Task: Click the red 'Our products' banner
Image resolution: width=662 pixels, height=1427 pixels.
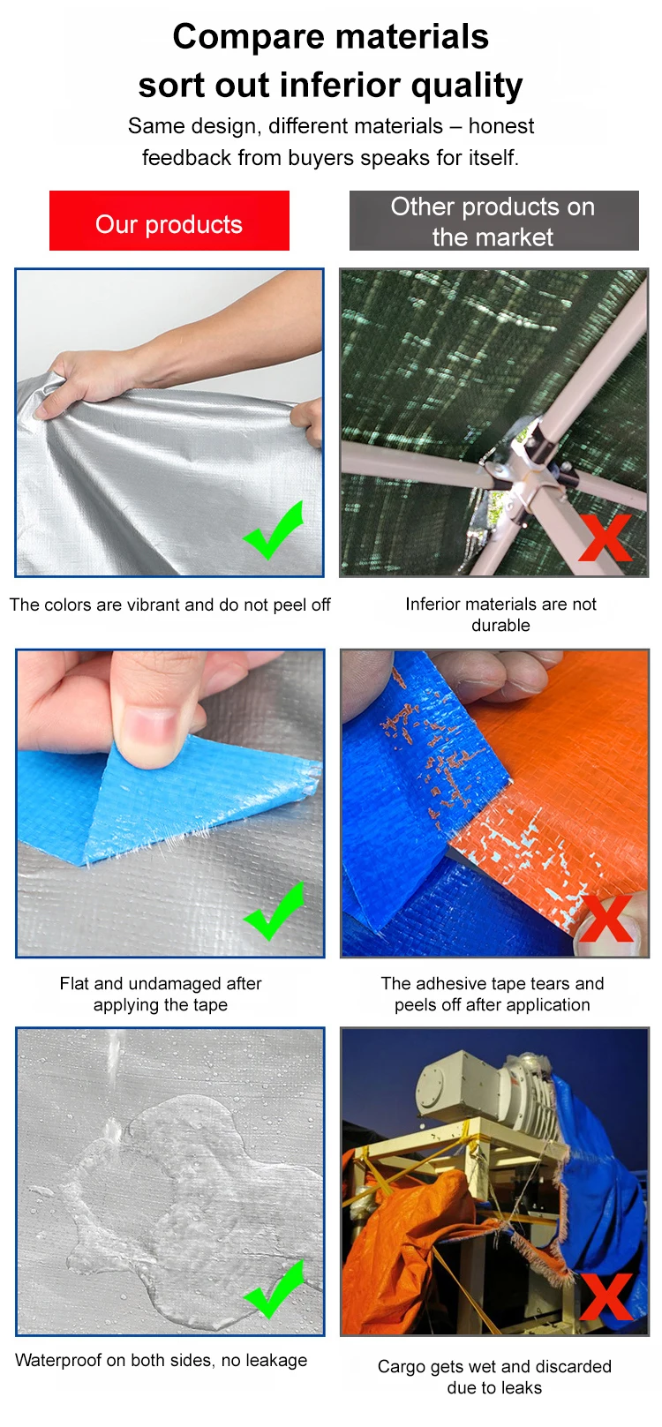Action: pyautogui.click(x=169, y=221)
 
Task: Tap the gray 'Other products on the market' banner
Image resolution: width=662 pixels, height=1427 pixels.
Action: pyautogui.click(x=493, y=221)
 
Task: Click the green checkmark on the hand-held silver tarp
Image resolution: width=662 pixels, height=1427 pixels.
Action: pyautogui.click(x=274, y=530)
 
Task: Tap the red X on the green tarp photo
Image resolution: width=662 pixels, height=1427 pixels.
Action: pyautogui.click(x=606, y=537)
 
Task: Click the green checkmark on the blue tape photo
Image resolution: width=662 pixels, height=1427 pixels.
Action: pyautogui.click(x=274, y=911)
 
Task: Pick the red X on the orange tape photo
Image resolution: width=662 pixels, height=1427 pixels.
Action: pyautogui.click(x=606, y=918)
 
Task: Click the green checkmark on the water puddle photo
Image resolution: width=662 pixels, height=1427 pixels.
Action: pyautogui.click(x=274, y=1289)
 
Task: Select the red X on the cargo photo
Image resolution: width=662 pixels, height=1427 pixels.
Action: pyautogui.click(x=606, y=1297)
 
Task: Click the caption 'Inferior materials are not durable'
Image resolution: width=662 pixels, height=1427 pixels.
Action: pyautogui.click(x=500, y=614)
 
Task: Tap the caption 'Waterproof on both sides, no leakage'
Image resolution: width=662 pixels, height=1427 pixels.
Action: pyautogui.click(x=162, y=1359)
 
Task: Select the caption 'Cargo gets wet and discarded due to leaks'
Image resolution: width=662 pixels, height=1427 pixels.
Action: pyautogui.click(x=494, y=1377)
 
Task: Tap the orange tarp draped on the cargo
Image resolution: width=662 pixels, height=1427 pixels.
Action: pyautogui.click(x=414, y=1249)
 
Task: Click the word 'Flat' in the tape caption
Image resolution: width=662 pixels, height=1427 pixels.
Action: pyautogui.click(x=74, y=983)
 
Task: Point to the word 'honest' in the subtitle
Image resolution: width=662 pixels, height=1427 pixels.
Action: pyautogui.click(x=501, y=126)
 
